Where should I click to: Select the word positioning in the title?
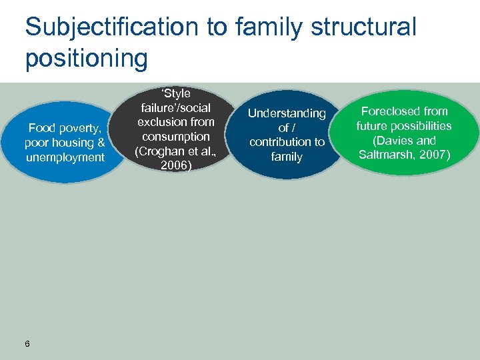pyautogui.click(x=86, y=58)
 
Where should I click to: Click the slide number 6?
pyautogui.click(x=27, y=344)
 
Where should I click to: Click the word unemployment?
pyautogui.click(x=64, y=157)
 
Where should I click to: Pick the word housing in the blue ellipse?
pyautogui.click(x=74, y=143)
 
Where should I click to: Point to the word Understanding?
pyautogui.click(x=287, y=113)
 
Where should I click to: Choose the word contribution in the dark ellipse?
pyautogui.click(x=287, y=142)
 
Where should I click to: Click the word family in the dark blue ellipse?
pyautogui.click(x=287, y=157)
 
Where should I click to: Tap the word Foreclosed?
pyautogui.click(x=404, y=111)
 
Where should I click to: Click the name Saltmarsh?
pyautogui.click(x=387, y=155)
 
